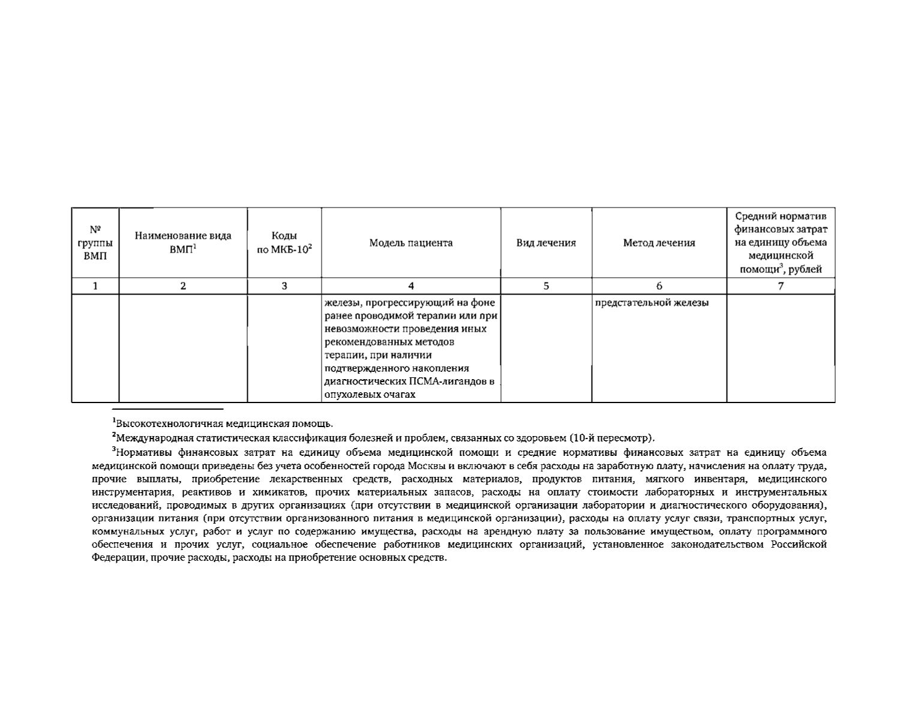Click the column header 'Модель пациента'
[x=410, y=243]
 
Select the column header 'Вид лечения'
[x=546, y=243]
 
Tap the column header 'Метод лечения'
[x=659, y=243]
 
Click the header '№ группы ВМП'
[x=95, y=243]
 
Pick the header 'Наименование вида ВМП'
[x=183, y=243]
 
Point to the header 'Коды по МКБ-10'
[x=284, y=243]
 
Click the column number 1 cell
[x=95, y=286]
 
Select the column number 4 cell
[x=410, y=286]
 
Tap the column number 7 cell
[x=781, y=286]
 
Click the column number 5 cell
[x=546, y=286]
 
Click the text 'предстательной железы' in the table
[x=652, y=303]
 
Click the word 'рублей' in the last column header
[x=805, y=269]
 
